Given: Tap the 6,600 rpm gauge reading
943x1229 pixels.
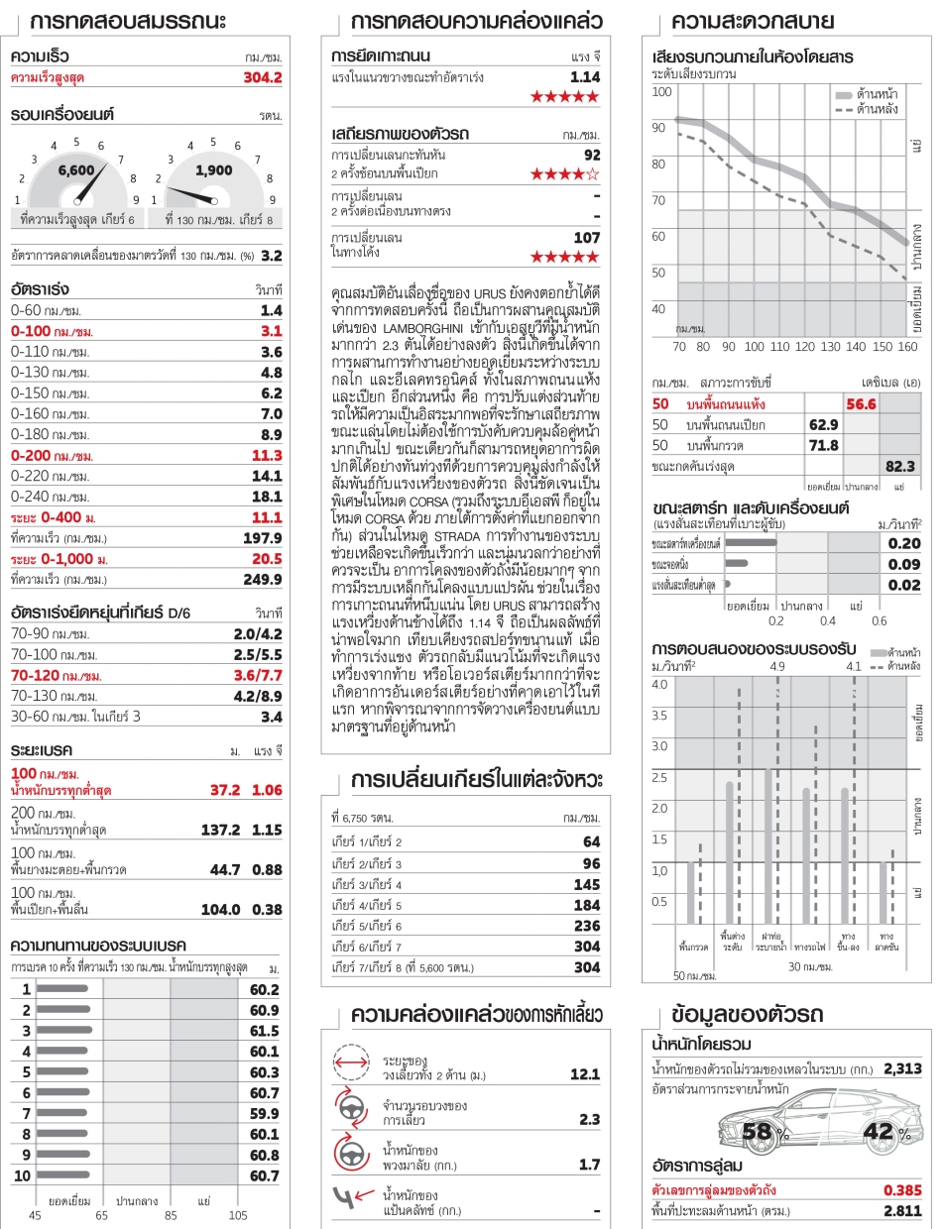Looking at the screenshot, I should (75, 169).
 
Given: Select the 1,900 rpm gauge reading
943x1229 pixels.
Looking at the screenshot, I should (214, 169).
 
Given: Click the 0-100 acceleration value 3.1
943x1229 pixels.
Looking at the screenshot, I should (271, 330).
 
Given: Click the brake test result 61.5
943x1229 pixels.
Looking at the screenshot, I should (265, 1031).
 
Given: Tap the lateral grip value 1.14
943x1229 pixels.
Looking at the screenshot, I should (585, 76).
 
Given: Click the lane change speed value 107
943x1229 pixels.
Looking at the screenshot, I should (586, 237).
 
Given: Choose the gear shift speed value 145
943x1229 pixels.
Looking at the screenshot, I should (586, 884).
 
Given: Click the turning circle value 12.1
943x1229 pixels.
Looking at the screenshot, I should (585, 1074).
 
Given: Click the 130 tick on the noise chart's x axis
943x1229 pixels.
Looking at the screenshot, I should (805, 347).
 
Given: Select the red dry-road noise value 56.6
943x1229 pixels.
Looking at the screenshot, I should (859, 403).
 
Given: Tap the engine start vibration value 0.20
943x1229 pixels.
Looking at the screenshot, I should (905, 543).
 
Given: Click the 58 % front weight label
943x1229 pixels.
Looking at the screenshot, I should (762, 1132).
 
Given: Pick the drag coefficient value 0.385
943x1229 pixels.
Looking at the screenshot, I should (903, 1188).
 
